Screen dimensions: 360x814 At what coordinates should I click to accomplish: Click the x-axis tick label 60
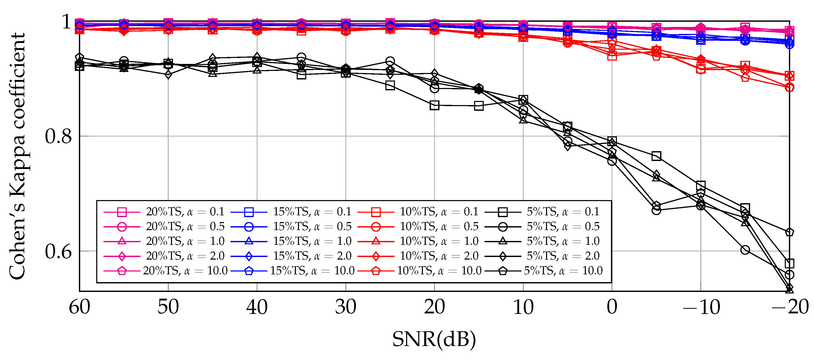pos(79,307)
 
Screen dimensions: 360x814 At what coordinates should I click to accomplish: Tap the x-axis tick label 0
pos(612,307)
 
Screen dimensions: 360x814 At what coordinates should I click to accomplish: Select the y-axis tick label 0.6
pos(58,252)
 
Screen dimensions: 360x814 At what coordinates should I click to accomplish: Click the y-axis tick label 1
pos(66,22)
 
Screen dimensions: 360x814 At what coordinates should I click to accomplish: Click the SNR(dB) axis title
pos(434,339)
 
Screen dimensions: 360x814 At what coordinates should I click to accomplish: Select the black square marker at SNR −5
pos(656,156)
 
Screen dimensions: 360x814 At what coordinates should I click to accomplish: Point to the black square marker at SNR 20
pos(435,105)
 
